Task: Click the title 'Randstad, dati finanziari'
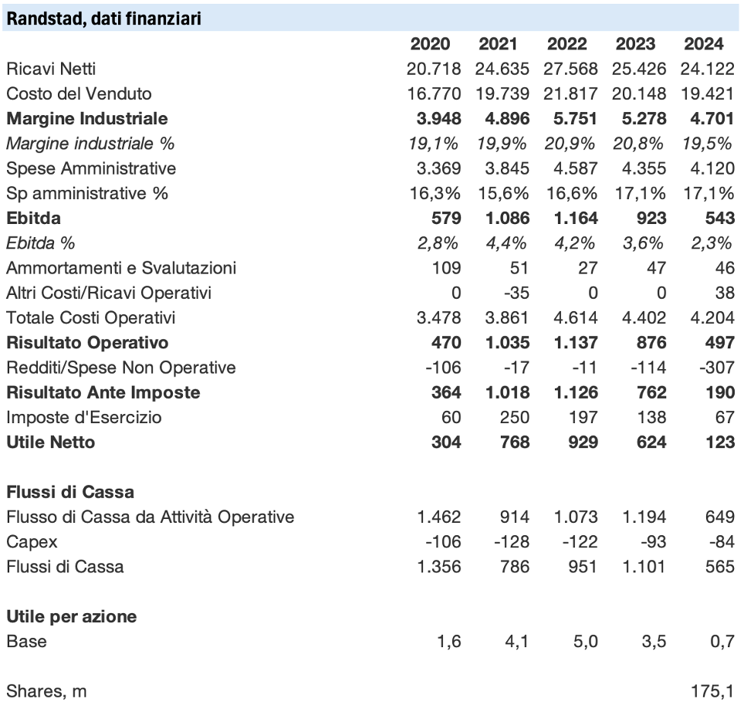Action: tap(104, 18)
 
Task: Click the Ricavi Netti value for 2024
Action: tap(708, 69)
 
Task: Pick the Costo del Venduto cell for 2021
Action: tap(502, 93)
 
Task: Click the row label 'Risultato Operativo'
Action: tap(87, 342)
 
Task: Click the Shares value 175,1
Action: tap(712, 692)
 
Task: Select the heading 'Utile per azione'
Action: tap(72, 617)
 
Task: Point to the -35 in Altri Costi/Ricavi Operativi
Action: tap(515, 293)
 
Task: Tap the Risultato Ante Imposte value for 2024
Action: tap(719, 392)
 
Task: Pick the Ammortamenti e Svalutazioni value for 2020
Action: tap(446, 268)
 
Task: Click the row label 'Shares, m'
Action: tap(46, 692)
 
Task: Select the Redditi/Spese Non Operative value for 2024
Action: tap(716, 368)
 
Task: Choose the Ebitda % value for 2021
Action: tap(506, 243)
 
